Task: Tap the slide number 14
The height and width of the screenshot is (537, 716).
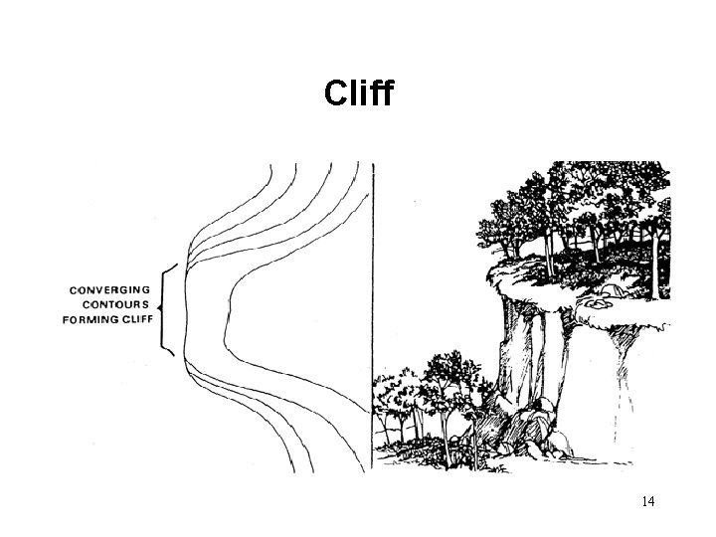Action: (647, 501)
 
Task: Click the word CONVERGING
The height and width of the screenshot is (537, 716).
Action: (109, 289)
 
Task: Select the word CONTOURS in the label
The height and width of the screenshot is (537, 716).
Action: (110, 304)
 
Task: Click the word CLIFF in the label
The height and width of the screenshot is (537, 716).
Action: (133, 319)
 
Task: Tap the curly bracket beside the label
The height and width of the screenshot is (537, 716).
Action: (166, 309)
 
